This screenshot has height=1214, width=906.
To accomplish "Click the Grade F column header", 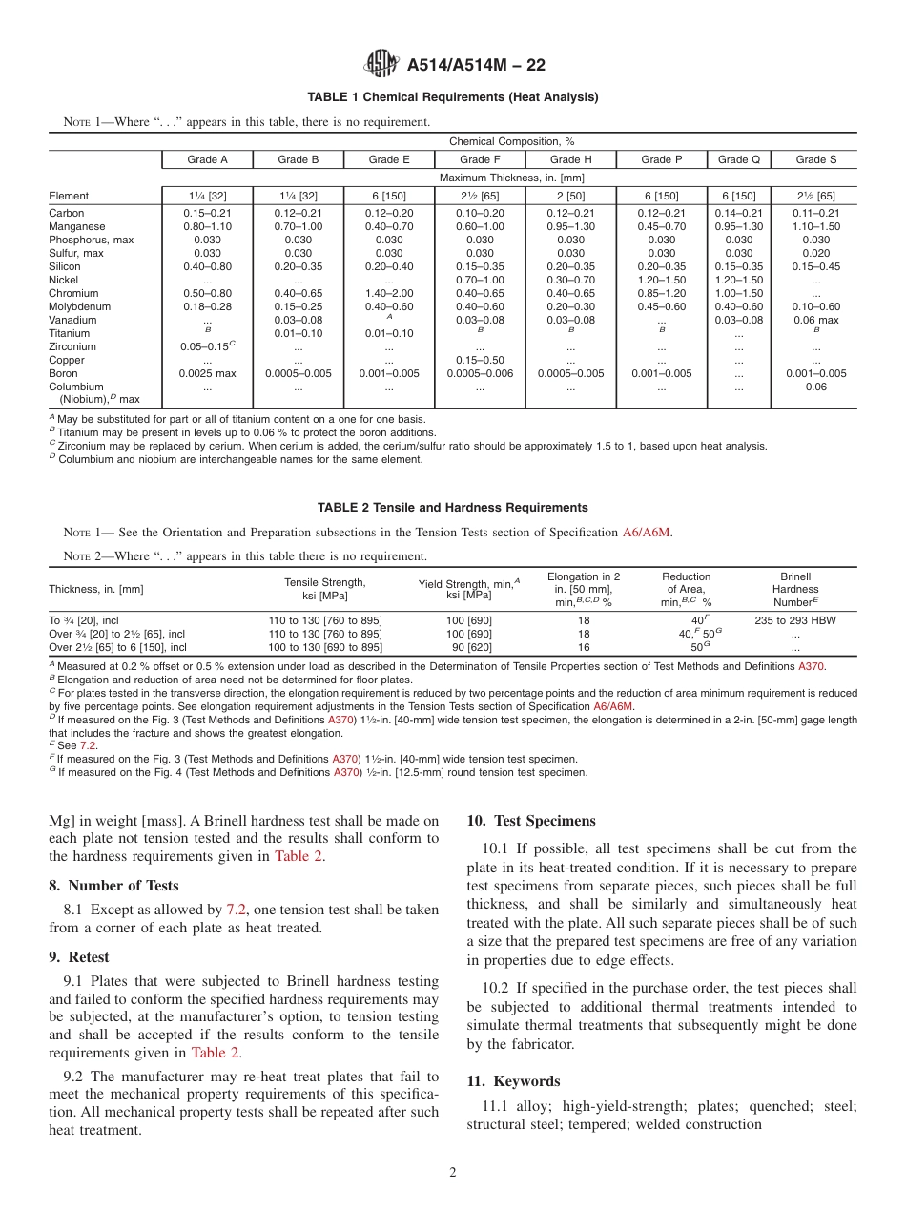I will (480, 159).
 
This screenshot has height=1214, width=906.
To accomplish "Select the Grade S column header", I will (815, 159).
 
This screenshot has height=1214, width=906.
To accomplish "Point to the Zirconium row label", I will (72, 346).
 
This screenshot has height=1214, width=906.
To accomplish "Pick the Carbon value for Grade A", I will (207, 213).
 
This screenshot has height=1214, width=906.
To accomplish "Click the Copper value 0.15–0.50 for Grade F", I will (480, 360).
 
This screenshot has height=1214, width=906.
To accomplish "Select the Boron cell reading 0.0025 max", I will (207, 373).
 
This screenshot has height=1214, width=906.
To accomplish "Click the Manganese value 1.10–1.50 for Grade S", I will (815, 226).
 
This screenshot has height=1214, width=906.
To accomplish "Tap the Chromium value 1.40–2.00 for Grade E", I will (389, 293).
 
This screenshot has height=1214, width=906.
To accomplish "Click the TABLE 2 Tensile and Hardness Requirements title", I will (452, 508).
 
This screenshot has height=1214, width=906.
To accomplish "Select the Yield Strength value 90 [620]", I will (468, 646).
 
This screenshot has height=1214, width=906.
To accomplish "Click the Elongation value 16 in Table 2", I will (584, 646).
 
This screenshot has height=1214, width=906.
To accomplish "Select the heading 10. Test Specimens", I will (531, 821).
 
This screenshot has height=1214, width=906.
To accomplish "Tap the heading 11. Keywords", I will (513, 1081).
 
